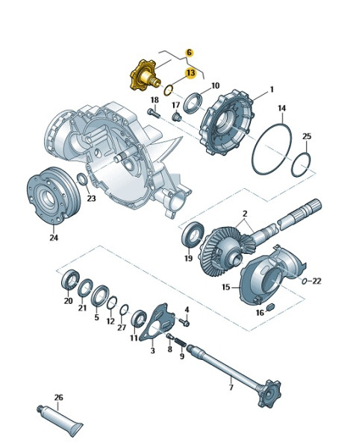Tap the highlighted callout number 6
point(189,53)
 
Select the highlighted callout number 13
point(190,73)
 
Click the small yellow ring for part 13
point(168,90)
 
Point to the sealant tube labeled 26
point(60,417)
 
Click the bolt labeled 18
point(154,113)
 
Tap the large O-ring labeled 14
point(272,149)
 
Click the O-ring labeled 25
point(301,165)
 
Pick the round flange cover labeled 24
point(53,196)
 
